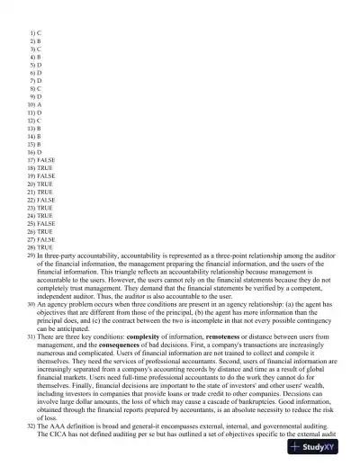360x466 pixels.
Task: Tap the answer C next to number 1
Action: pos(39,31)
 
